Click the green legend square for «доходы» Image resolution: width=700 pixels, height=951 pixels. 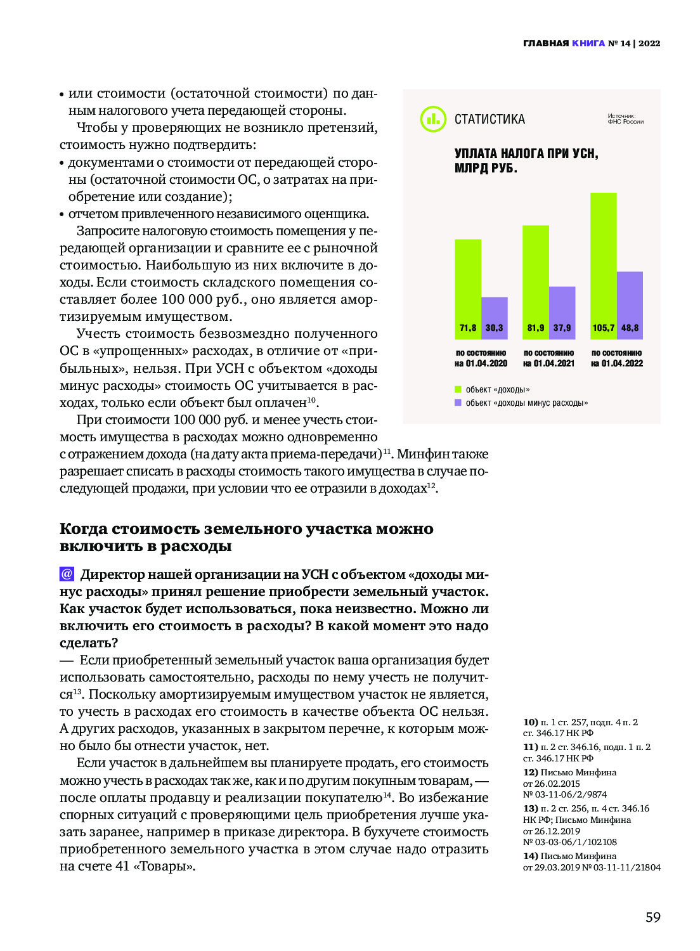click(x=458, y=389)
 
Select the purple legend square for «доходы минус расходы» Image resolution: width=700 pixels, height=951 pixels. click(x=458, y=403)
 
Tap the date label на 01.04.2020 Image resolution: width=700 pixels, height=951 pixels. click(x=481, y=363)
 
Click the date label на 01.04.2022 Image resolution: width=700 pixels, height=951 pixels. click(x=617, y=363)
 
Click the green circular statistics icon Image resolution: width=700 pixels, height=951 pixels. click(x=433, y=119)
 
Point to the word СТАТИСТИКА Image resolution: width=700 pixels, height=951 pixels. click(x=489, y=119)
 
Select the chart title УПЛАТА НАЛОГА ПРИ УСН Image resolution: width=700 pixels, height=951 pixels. click(x=526, y=153)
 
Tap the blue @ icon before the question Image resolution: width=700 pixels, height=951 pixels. click(x=67, y=574)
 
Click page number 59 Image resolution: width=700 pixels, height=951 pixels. click(x=652, y=917)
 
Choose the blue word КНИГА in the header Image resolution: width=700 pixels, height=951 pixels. click(x=588, y=43)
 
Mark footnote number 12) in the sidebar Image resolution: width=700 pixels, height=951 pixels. click(x=531, y=772)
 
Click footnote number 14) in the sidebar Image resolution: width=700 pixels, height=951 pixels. click(x=531, y=856)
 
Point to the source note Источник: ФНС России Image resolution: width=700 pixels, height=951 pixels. click(x=625, y=119)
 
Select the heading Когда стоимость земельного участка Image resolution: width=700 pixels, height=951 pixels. click(x=247, y=529)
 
